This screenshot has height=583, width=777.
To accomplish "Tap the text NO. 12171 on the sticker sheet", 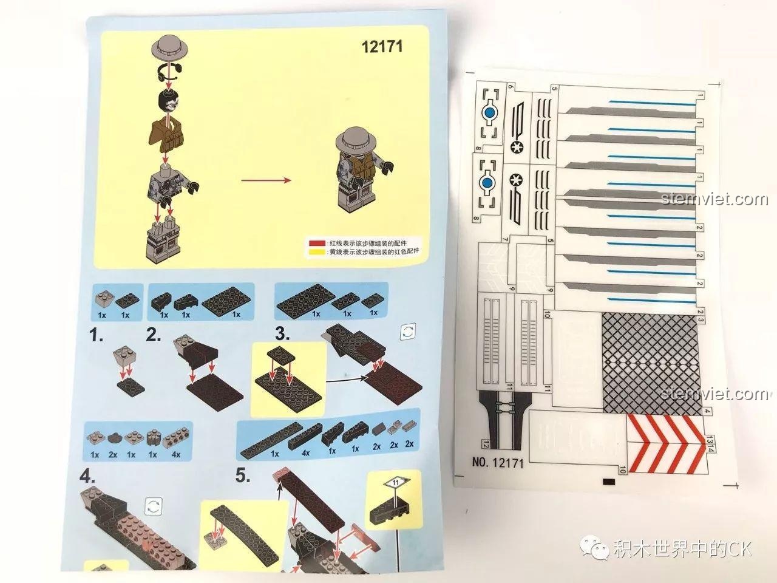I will (x=497, y=462).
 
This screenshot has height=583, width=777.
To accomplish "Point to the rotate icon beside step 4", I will (x=154, y=505).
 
